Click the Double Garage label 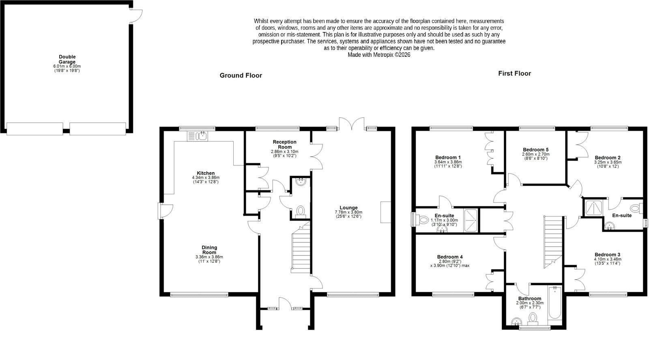[x=67, y=59]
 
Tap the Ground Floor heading [x=241, y=75]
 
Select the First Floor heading [x=515, y=73]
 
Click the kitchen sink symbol [x=197, y=136]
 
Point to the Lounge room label [x=348, y=208]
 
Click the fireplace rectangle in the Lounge [x=386, y=212]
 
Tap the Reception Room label [x=284, y=144]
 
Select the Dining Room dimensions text [x=209, y=259]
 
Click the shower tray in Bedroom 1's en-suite [x=471, y=220]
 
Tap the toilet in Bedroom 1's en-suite [x=422, y=220]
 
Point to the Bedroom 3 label [x=608, y=255]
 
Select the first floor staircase [x=553, y=242]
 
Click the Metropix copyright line [x=379, y=55]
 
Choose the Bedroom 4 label [x=450, y=257]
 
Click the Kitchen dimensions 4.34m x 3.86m [x=206, y=178]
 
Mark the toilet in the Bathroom [x=533, y=319]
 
